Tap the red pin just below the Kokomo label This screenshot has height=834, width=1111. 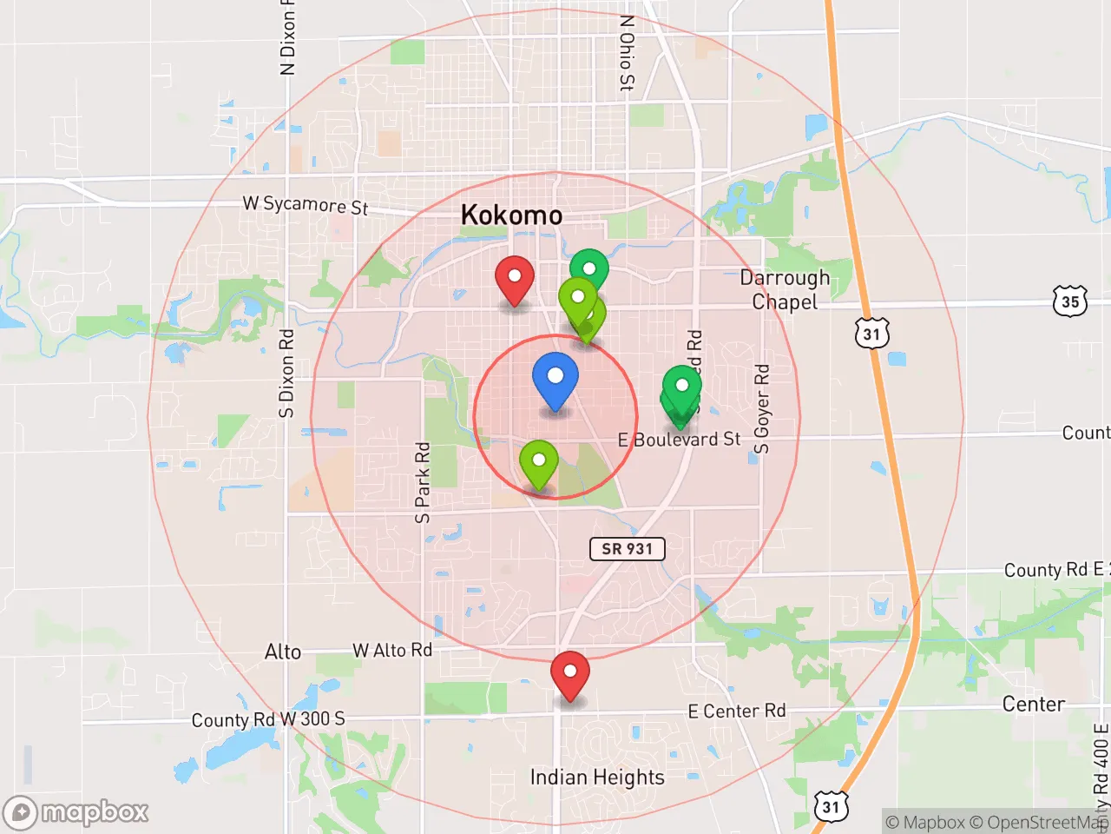[x=514, y=280]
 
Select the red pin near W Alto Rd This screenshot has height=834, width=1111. [x=569, y=675]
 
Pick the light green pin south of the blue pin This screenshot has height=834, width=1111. [x=538, y=463]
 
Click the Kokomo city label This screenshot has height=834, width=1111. [x=511, y=215]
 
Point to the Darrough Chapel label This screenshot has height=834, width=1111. [x=785, y=289]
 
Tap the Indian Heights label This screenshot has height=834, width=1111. [x=597, y=777]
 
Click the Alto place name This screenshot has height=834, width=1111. [x=283, y=652]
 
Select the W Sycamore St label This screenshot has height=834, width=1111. [x=306, y=205]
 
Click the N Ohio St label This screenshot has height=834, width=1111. [x=627, y=53]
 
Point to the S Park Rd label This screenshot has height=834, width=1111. [x=423, y=483]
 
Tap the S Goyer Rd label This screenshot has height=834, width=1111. [x=761, y=409]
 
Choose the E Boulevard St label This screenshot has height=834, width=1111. [x=680, y=440]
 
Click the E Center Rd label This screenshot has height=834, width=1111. [x=736, y=711]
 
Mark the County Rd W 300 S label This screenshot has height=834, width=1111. [x=268, y=719]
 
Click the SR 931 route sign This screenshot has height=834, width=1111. [x=627, y=548]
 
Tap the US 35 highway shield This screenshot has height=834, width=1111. [x=1070, y=301]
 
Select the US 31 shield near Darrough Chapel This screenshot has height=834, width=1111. [x=871, y=334]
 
